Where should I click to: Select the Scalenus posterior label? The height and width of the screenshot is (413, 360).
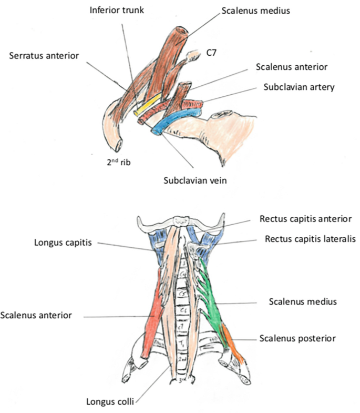point(297,337)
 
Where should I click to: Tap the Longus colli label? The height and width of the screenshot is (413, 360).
point(109,402)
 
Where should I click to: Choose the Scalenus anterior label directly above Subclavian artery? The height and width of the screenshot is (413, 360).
point(292,67)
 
